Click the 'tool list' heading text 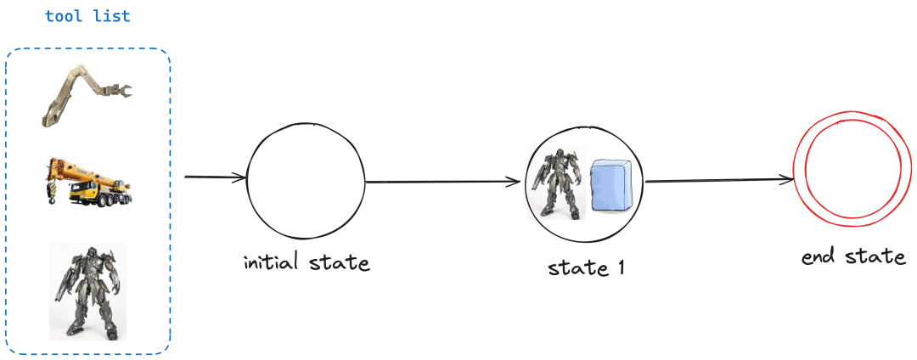tap(87, 16)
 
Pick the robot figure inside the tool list tap(87, 291)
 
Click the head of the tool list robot tap(91, 254)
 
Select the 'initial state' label tap(307, 262)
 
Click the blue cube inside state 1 tap(611, 186)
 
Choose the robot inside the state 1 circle tap(556, 183)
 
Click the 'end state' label tap(853, 256)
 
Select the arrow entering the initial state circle tap(216, 177)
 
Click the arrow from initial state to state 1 tap(442, 182)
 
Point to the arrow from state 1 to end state tap(719, 181)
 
